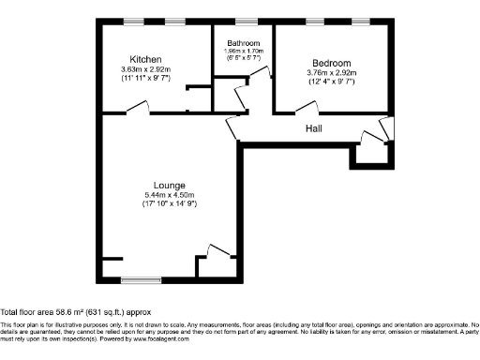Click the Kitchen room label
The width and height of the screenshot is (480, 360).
[143, 58]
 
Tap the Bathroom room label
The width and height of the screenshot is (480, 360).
[243, 43]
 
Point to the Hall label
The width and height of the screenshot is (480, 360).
[314, 128]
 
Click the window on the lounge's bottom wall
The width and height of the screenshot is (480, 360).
[139, 278]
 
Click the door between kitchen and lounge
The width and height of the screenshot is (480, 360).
[136, 110]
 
